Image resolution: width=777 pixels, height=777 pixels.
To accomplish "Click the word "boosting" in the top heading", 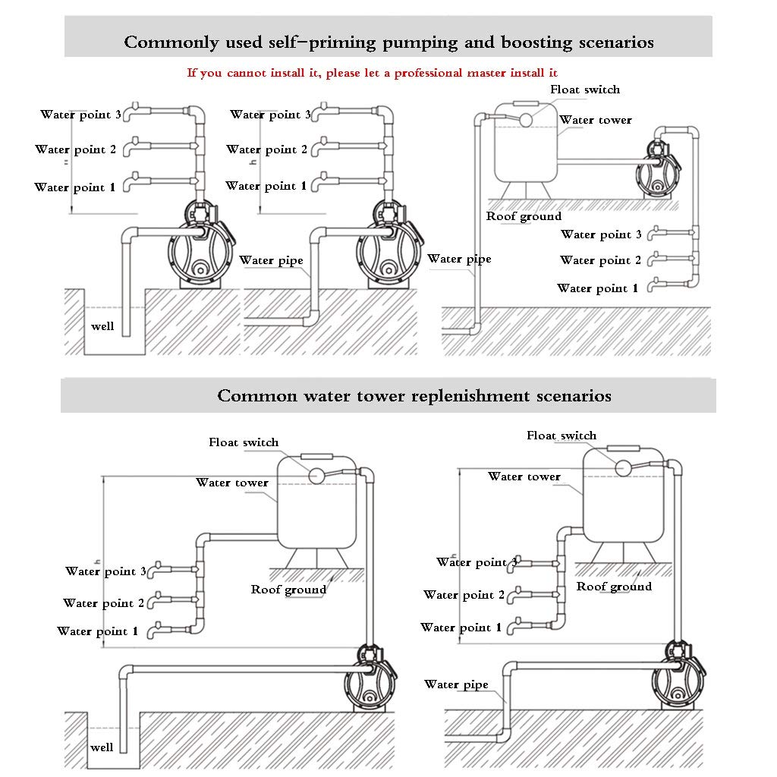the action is (x=536, y=42).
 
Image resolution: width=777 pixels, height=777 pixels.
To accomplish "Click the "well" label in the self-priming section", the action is (x=102, y=326).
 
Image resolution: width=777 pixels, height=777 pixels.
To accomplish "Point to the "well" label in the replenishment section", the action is (x=102, y=747).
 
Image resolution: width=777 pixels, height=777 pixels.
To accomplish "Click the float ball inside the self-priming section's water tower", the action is (x=525, y=120).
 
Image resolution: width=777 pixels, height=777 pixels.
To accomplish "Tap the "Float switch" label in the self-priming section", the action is (x=585, y=90).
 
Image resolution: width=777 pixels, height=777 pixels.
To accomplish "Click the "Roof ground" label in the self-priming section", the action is (x=524, y=216).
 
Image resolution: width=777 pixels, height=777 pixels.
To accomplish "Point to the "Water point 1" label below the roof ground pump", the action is (x=597, y=288).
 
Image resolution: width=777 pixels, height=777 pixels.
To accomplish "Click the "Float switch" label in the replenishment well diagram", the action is (x=244, y=442).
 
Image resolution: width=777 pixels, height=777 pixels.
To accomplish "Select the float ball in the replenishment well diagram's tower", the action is (x=316, y=476).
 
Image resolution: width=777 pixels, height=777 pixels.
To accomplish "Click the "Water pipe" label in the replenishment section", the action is (x=456, y=685).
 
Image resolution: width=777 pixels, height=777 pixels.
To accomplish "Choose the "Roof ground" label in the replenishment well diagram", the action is (x=288, y=590).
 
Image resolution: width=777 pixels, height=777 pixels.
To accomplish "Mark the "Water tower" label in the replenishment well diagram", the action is (x=232, y=483).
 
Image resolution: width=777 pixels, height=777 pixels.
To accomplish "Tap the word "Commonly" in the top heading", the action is (x=171, y=42).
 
